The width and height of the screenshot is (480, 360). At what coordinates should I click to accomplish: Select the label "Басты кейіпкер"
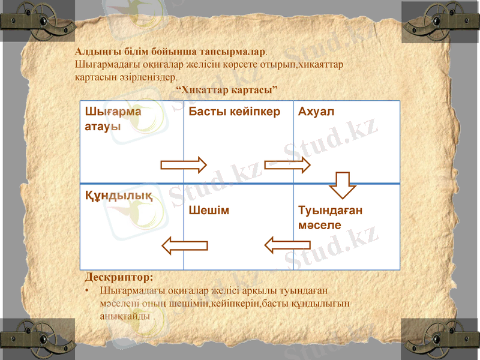234,112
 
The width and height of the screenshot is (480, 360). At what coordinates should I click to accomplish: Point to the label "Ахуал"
316,112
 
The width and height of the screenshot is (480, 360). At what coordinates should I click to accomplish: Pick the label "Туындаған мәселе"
330,218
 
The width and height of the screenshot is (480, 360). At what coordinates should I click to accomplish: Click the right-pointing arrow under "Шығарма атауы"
183,164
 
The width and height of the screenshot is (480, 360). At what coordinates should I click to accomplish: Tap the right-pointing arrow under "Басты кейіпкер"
288,164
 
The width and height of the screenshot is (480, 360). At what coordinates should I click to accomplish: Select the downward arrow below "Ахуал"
343,184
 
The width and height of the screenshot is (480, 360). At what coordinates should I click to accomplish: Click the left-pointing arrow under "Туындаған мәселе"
287,244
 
